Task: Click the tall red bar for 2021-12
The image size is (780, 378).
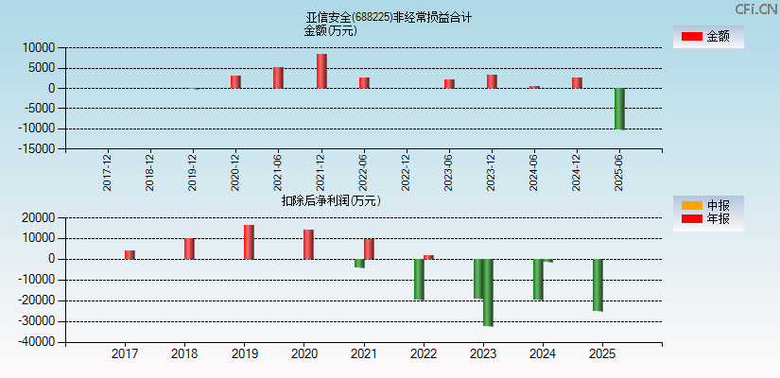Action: point(321,71)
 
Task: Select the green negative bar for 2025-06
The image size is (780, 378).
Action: point(619,109)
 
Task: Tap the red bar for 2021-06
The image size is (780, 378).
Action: point(278,77)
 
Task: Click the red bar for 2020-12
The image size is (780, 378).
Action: point(235,81)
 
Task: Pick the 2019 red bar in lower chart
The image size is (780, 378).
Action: point(249,242)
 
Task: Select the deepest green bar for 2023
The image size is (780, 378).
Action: point(488,292)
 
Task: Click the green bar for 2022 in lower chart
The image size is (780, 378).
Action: point(419,279)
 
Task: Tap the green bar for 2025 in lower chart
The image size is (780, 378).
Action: point(598,284)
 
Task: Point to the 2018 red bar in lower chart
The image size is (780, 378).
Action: point(189,249)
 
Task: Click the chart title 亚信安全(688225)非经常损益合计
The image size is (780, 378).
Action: point(389,17)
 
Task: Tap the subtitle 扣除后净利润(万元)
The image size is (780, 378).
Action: point(331,200)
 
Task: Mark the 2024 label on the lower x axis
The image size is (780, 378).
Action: point(543,354)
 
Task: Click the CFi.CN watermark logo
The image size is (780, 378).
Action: point(756,9)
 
